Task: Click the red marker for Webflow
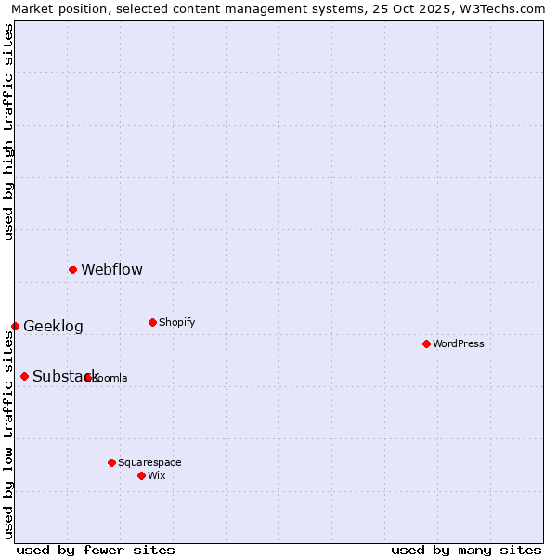(x=72, y=269)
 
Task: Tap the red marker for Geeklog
(x=15, y=326)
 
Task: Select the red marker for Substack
(x=24, y=376)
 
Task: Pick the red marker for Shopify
(x=152, y=322)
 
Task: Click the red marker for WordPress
(x=426, y=343)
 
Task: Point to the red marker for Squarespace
(x=111, y=462)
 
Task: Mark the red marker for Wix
(x=141, y=475)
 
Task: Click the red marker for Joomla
(x=88, y=378)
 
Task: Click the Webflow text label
(x=111, y=270)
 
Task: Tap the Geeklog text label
(x=53, y=327)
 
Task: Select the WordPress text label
(x=459, y=344)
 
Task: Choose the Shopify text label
(x=176, y=323)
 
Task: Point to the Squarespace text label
(x=149, y=463)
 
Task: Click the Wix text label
(x=157, y=476)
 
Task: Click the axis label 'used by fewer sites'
(x=96, y=550)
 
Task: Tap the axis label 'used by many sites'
(x=466, y=550)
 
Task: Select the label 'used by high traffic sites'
(x=8, y=132)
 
